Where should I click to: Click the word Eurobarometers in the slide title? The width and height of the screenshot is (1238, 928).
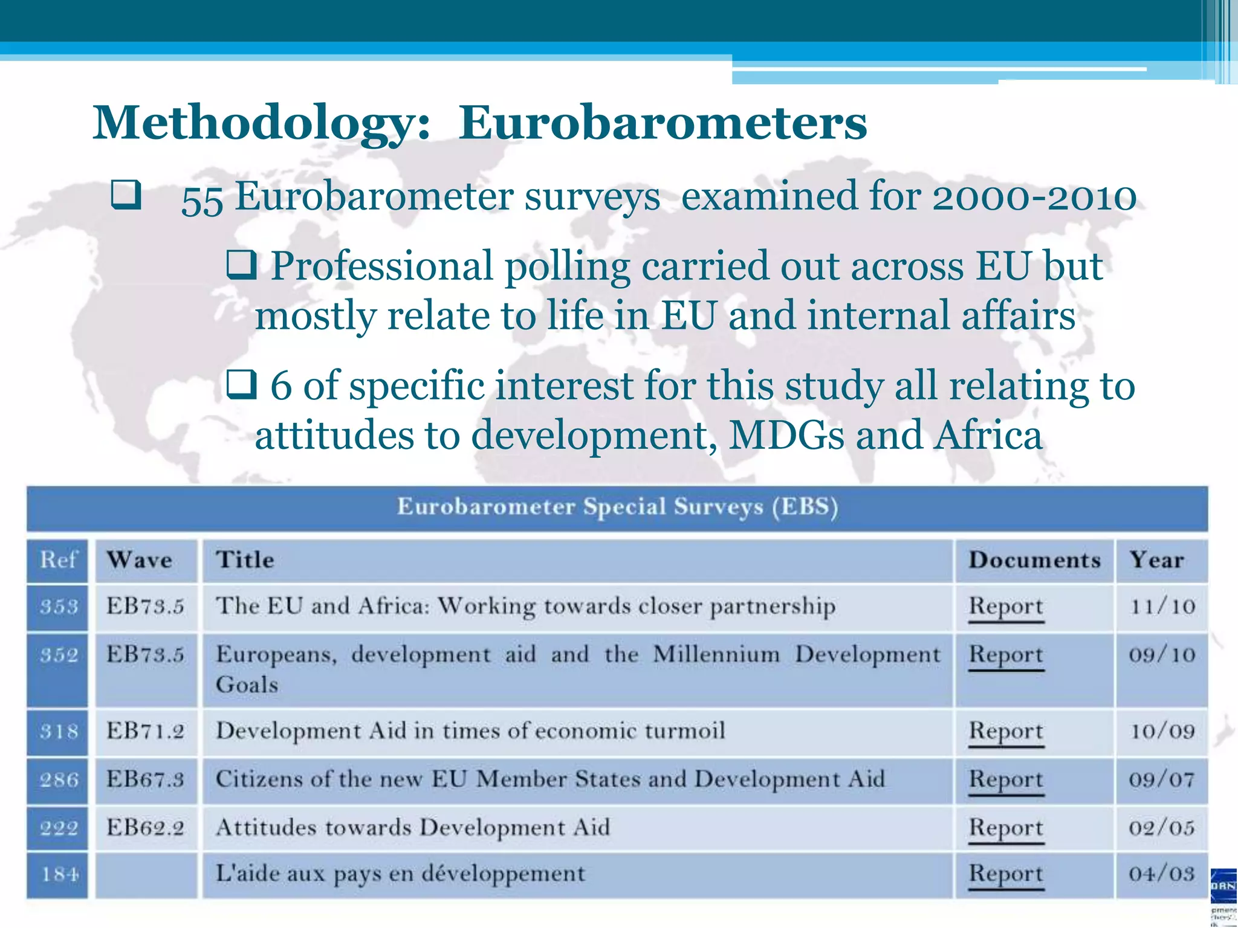663,123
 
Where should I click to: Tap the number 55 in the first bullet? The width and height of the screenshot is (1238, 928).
202,199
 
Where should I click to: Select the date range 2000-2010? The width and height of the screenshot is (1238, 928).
1034,196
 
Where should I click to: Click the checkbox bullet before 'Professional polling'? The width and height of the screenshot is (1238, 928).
242,266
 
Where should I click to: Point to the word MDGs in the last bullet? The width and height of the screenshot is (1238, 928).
786,434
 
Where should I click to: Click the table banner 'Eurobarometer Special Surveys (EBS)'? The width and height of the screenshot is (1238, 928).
617,506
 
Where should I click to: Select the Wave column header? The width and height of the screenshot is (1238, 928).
140,560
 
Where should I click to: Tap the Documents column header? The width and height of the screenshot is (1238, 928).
1034,560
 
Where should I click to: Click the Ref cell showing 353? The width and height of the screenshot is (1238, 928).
59,606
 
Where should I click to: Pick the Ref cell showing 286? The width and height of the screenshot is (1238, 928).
59,779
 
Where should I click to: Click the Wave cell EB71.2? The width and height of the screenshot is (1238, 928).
145,731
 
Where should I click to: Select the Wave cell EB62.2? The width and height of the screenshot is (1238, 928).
145,827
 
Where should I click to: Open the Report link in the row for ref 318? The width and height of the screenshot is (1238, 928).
1006,731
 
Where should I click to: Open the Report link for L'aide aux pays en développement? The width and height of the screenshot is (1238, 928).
1006,874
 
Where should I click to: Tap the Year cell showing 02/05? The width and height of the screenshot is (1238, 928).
1161,827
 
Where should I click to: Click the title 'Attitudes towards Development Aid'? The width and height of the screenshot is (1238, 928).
413,827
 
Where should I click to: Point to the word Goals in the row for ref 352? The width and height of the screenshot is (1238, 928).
247,685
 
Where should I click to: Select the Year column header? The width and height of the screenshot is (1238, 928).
1156,560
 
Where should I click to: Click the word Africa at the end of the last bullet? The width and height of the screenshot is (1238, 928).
988,434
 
